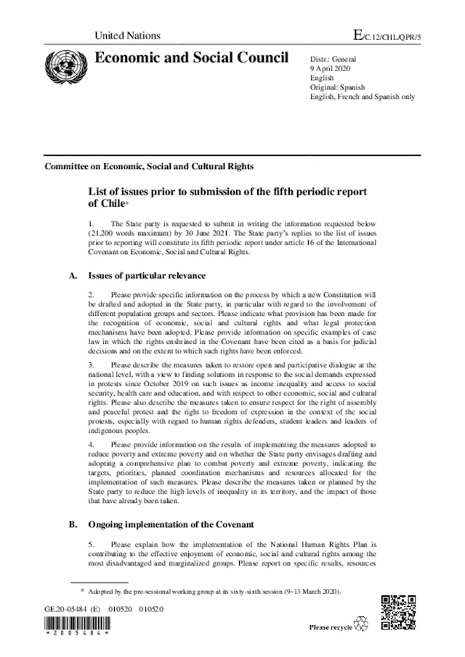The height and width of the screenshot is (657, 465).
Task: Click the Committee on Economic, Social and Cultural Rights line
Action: click(149, 166)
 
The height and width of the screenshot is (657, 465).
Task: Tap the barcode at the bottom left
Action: click(76, 625)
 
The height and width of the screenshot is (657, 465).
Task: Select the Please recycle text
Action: click(330, 627)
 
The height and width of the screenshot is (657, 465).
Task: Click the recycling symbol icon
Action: click(361, 624)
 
